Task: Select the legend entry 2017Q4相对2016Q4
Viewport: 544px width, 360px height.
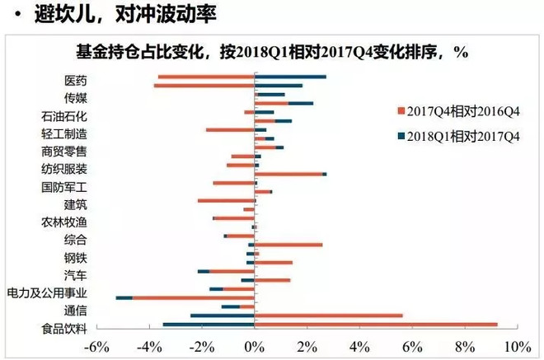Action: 462,110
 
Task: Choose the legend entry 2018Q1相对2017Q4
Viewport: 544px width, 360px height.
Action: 462,137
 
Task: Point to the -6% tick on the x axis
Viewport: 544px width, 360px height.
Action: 98,345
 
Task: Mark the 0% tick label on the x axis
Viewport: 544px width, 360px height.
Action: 256,345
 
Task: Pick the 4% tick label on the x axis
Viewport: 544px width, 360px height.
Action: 359,345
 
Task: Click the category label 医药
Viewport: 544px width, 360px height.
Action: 75,81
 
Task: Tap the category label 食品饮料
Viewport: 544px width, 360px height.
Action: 64,329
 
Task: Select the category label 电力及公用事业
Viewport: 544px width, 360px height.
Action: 47,292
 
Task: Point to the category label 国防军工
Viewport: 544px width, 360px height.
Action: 64,186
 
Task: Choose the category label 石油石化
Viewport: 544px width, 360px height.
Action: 64,116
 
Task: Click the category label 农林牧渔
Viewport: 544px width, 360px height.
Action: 64,222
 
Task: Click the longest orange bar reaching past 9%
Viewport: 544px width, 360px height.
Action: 376,325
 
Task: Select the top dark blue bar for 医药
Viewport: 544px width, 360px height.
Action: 290,77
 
